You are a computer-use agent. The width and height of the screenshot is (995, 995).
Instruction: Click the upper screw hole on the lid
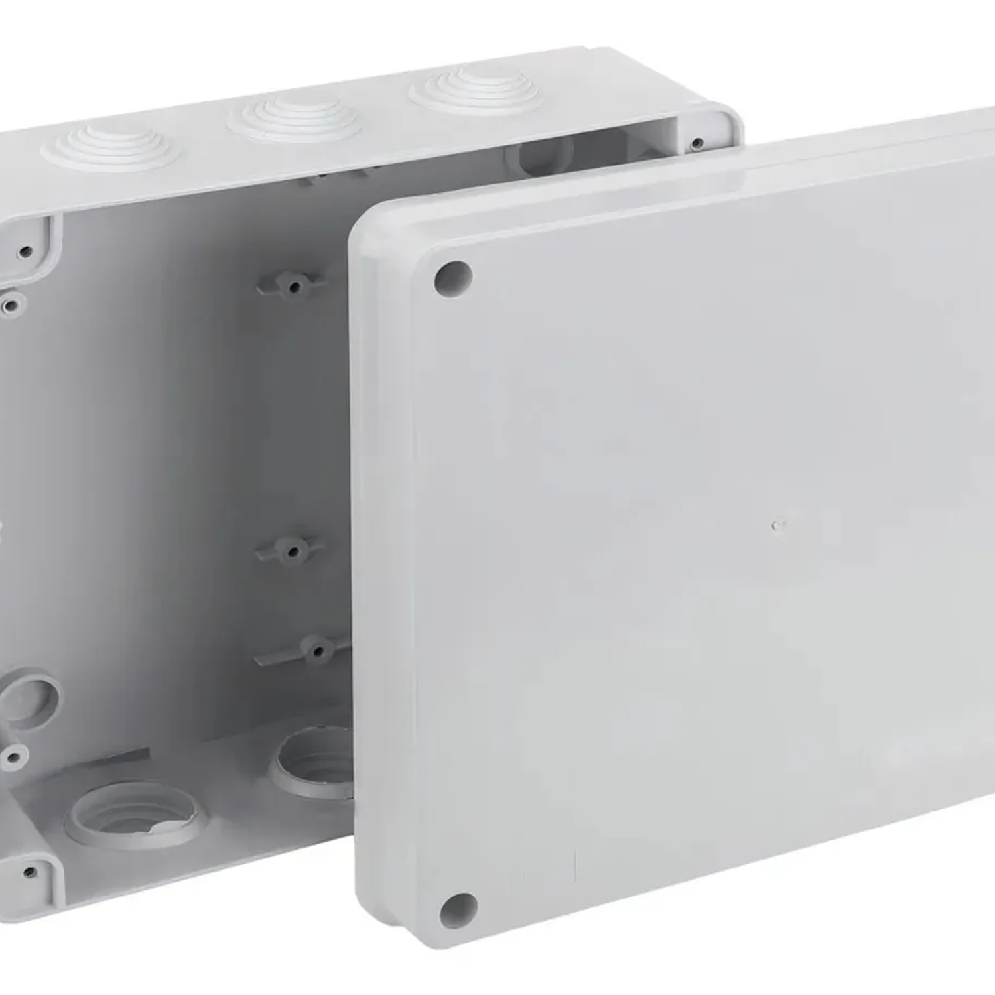pyautogui.click(x=453, y=278)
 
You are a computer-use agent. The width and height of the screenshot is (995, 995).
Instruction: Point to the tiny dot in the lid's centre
pyautogui.click(x=776, y=525)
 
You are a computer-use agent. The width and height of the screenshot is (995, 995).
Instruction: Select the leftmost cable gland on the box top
pyautogui.click(x=111, y=147)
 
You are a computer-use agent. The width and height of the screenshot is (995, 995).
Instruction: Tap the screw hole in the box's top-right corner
pyautogui.click(x=697, y=143)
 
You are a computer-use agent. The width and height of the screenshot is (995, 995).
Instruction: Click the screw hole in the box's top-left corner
pyautogui.click(x=26, y=251)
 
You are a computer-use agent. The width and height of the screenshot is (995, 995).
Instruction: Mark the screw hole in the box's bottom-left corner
pyautogui.click(x=29, y=872)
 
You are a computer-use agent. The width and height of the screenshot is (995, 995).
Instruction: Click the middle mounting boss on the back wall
pyautogui.click(x=291, y=550)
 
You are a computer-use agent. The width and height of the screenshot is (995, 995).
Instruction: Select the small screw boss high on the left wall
pyautogui.click(x=11, y=306)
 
